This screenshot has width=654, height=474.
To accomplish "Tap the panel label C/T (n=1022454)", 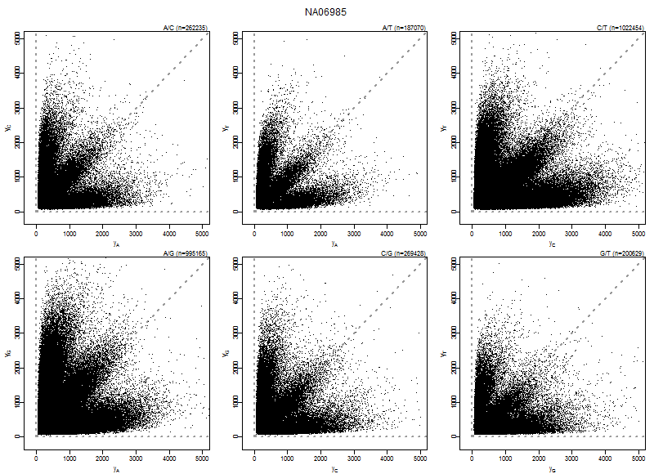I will (620, 29).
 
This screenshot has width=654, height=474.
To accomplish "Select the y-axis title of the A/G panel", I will (7, 352).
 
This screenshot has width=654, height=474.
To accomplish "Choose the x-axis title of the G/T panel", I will (553, 469).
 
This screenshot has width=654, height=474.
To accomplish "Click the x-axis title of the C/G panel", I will (334, 469).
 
